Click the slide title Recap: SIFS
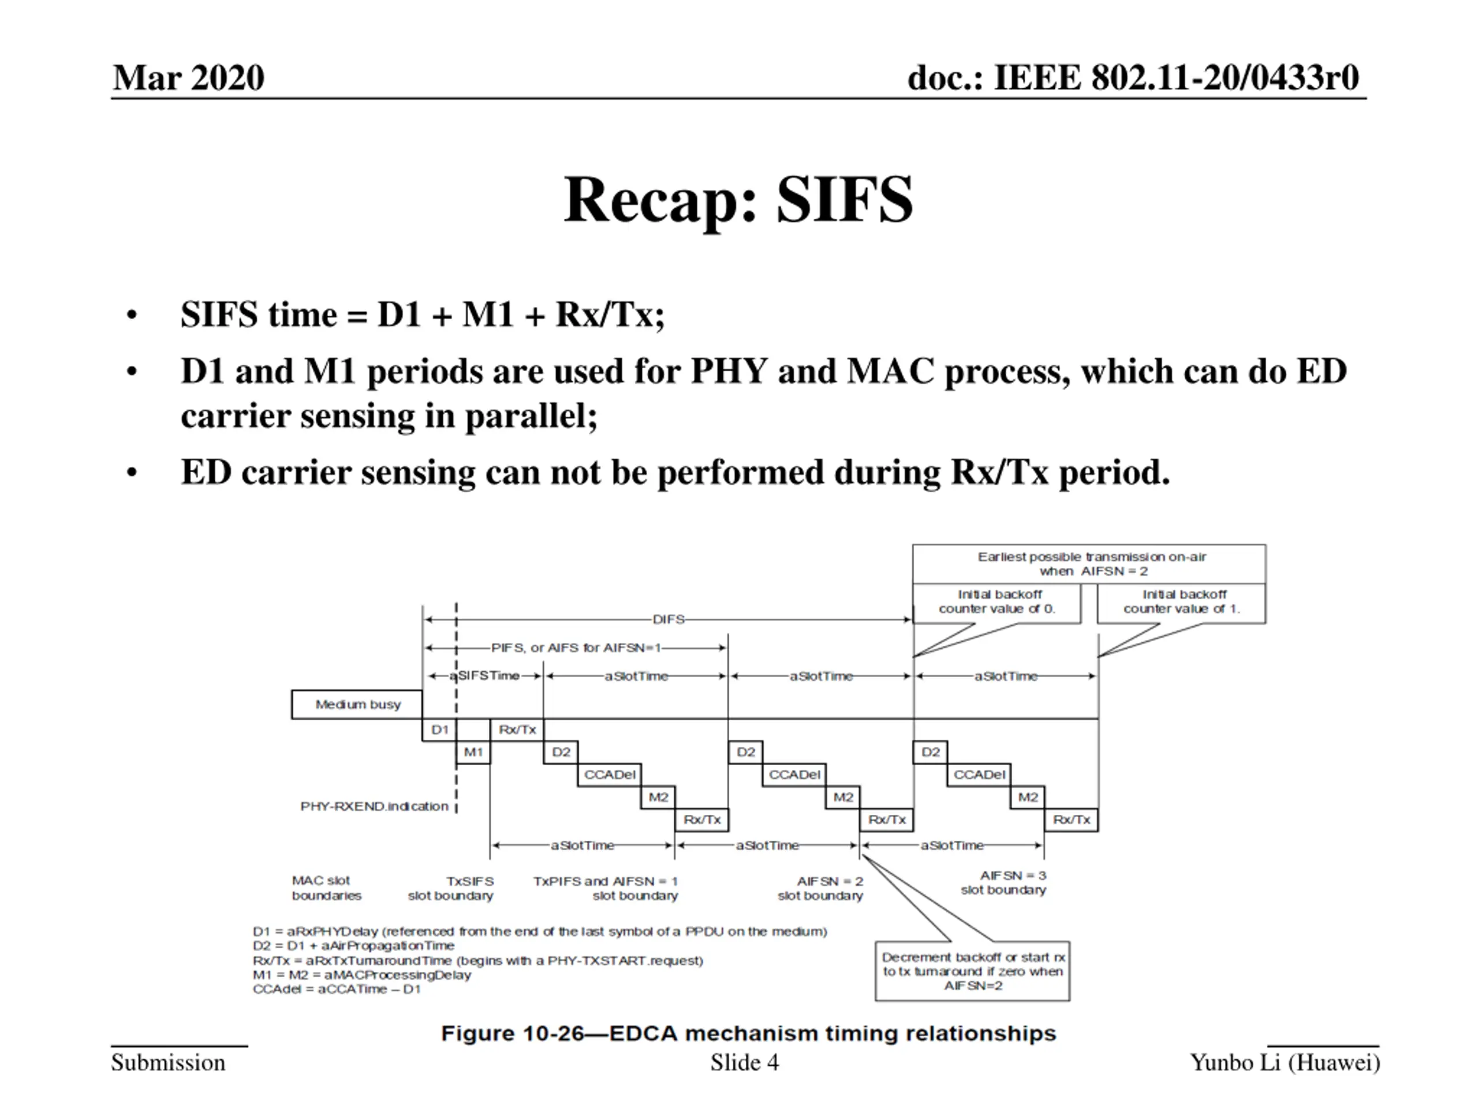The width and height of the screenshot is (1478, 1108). (x=738, y=200)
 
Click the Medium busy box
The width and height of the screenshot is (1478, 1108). (x=357, y=705)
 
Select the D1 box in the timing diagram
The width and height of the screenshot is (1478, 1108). (x=439, y=729)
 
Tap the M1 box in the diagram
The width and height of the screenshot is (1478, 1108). (x=473, y=752)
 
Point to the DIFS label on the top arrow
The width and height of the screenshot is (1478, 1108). (x=668, y=619)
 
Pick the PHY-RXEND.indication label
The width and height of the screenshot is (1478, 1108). (x=374, y=806)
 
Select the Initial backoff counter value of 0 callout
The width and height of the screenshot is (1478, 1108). (x=997, y=602)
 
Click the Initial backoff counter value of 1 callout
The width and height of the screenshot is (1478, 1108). (x=1181, y=602)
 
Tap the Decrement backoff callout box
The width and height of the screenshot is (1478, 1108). (x=972, y=971)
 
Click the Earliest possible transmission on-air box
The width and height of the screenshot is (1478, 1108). (x=1089, y=564)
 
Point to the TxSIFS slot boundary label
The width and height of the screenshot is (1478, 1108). (x=451, y=888)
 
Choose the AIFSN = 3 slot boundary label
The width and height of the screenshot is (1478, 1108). (x=1003, y=882)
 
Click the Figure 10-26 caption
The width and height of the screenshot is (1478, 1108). (x=748, y=1033)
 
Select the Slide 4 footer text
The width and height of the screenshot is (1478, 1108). (x=744, y=1062)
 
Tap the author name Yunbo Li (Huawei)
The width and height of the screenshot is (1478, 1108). (x=1284, y=1062)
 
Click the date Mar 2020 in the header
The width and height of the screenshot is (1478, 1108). (x=188, y=77)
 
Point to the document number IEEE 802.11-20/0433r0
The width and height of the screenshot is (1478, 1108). (x=1133, y=77)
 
